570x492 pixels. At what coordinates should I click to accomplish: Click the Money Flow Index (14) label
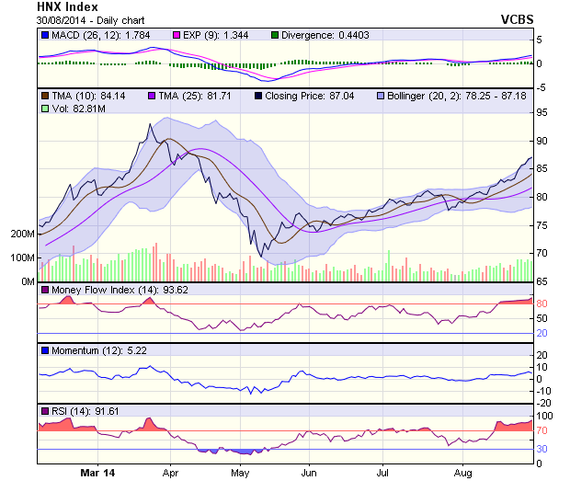click(105, 291)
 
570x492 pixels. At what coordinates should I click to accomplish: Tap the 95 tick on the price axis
click(541, 112)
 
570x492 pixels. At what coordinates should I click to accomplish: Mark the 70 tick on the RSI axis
click(541, 430)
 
